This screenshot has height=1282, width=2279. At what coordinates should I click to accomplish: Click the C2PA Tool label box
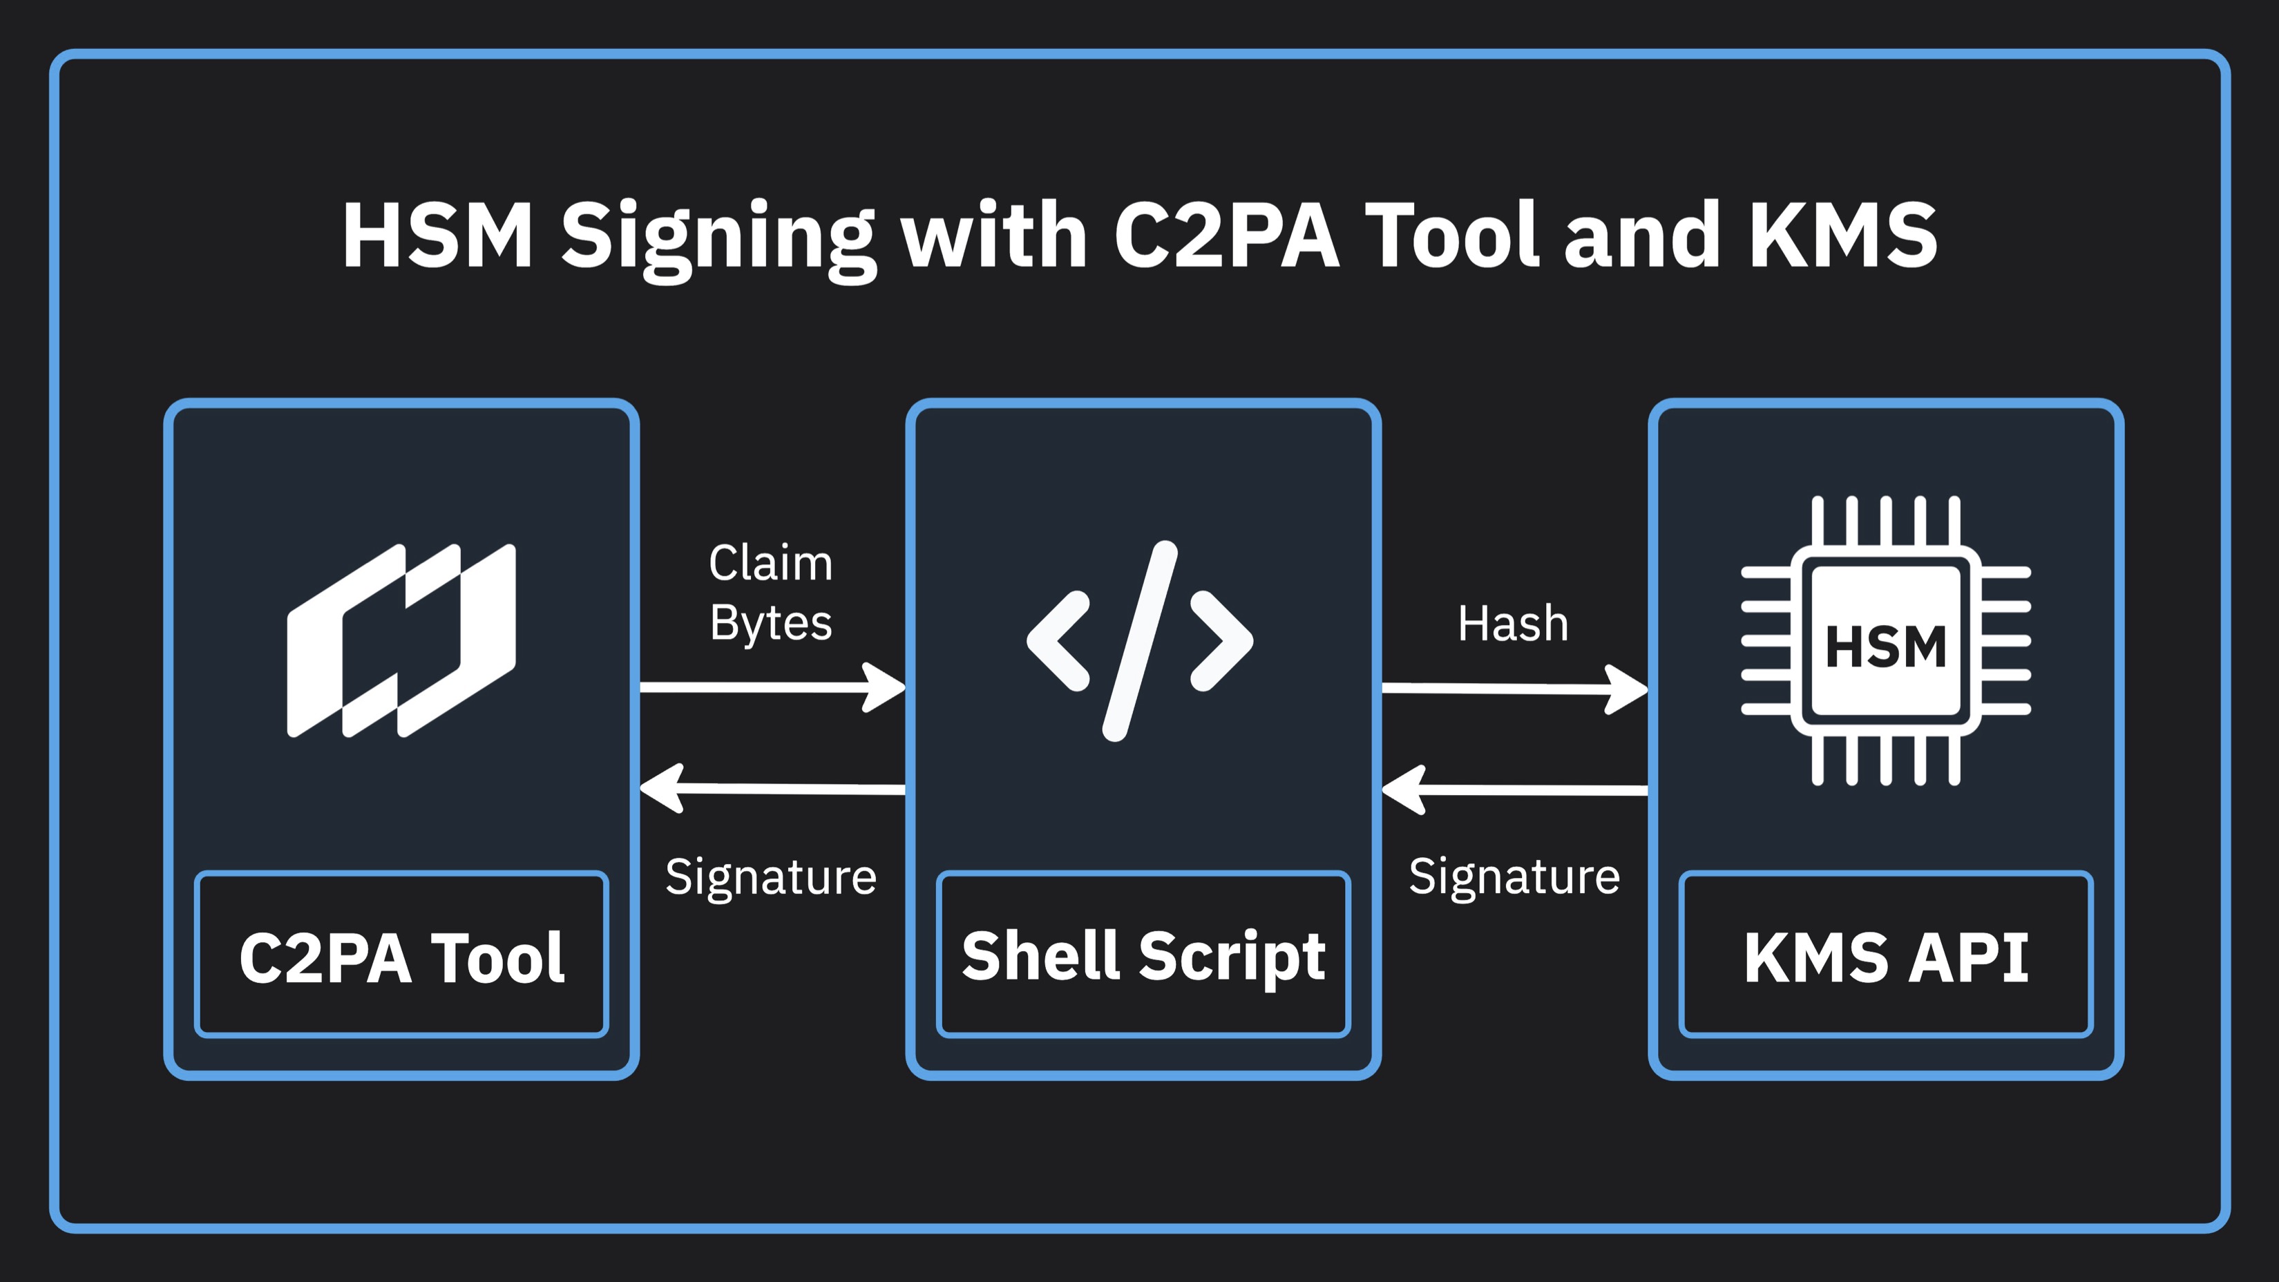[401, 955]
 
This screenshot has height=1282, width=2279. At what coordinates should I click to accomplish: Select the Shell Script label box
[1143, 955]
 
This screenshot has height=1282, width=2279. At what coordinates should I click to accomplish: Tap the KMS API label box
[1885, 955]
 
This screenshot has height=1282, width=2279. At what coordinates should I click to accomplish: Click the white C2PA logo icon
[401, 640]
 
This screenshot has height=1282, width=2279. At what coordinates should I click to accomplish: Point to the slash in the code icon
[1140, 640]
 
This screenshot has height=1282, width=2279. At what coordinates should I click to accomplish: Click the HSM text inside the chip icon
[1885, 646]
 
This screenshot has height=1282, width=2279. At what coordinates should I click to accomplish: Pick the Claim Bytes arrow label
[770, 592]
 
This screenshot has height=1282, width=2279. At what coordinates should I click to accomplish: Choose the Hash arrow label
[1513, 624]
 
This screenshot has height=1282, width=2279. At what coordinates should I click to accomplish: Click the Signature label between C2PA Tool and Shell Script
[770, 877]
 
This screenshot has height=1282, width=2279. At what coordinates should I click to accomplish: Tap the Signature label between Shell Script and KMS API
[1514, 877]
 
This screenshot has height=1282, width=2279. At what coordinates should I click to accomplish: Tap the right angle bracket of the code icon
[1222, 640]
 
